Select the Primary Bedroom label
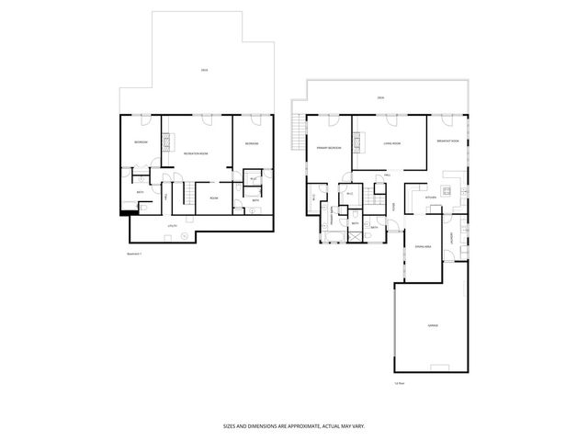[x=329, y=147]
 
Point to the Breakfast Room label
[x=448, y=141]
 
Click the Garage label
[x=432, y=326]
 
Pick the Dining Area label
[x=424, y=247]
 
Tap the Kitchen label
[x=430, y=197]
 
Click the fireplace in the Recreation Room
[x=166, y=141]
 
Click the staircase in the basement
[x=187, y=195]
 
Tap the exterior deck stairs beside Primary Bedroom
[x=296, y=137]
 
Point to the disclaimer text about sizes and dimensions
[x=294, y=426]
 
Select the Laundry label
[x=451, y=242]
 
